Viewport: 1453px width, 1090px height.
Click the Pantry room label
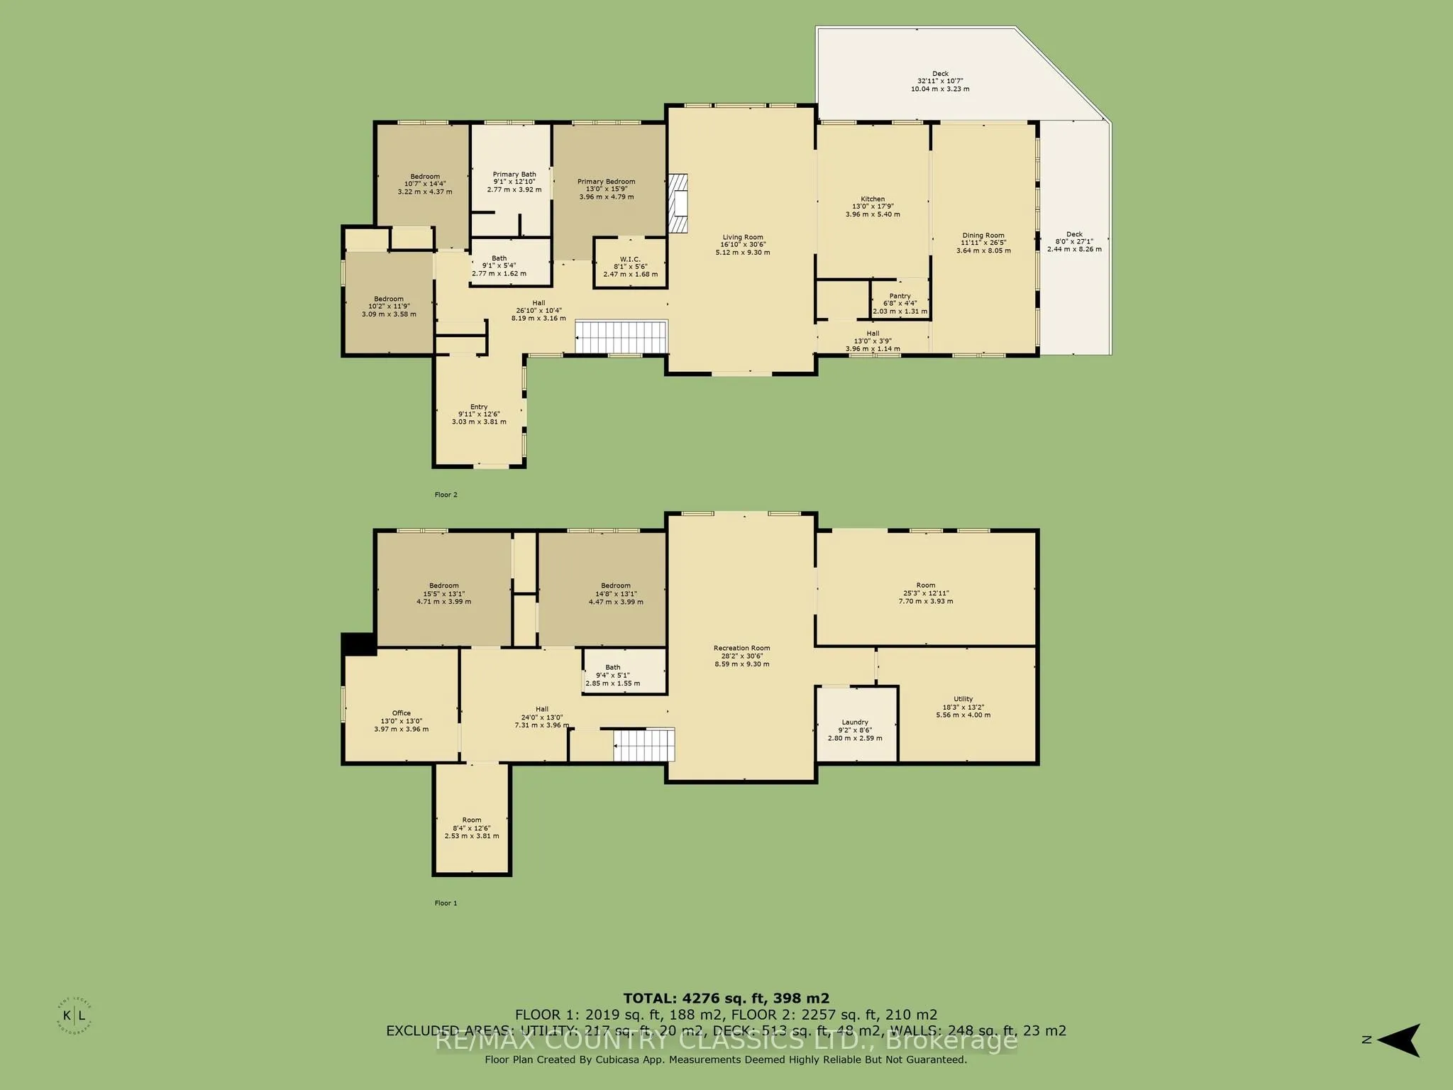click(x=900, y=297)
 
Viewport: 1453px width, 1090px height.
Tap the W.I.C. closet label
click(x=630, y=259)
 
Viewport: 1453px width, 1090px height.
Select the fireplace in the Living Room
click(x=679, y=204)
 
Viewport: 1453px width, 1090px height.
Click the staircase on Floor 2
click(x=621, y=336)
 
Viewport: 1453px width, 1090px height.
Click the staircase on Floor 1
click(x=643, y=745)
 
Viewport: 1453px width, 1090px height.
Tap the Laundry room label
click(x=855, y=722)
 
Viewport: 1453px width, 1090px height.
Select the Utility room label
click(x=963, y=699)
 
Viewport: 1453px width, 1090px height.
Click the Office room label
click(x=401, y=713)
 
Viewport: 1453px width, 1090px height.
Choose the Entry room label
click(x=479, y=407)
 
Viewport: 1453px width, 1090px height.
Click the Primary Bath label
click(x=514, y=175)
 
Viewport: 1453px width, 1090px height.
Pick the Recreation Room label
click(x=741, y=648)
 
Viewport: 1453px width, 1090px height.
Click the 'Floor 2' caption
click(x=446, y=495)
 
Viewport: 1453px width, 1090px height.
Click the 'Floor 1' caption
click(x=446, y=903)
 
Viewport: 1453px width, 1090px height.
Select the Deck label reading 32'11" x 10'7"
click(x=940, y=81)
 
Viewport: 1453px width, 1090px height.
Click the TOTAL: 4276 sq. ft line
click(x=726, y=998)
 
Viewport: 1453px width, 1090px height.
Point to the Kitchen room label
click(x=873, y=199)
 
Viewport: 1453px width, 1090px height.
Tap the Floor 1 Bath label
click(x=612, y=667)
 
